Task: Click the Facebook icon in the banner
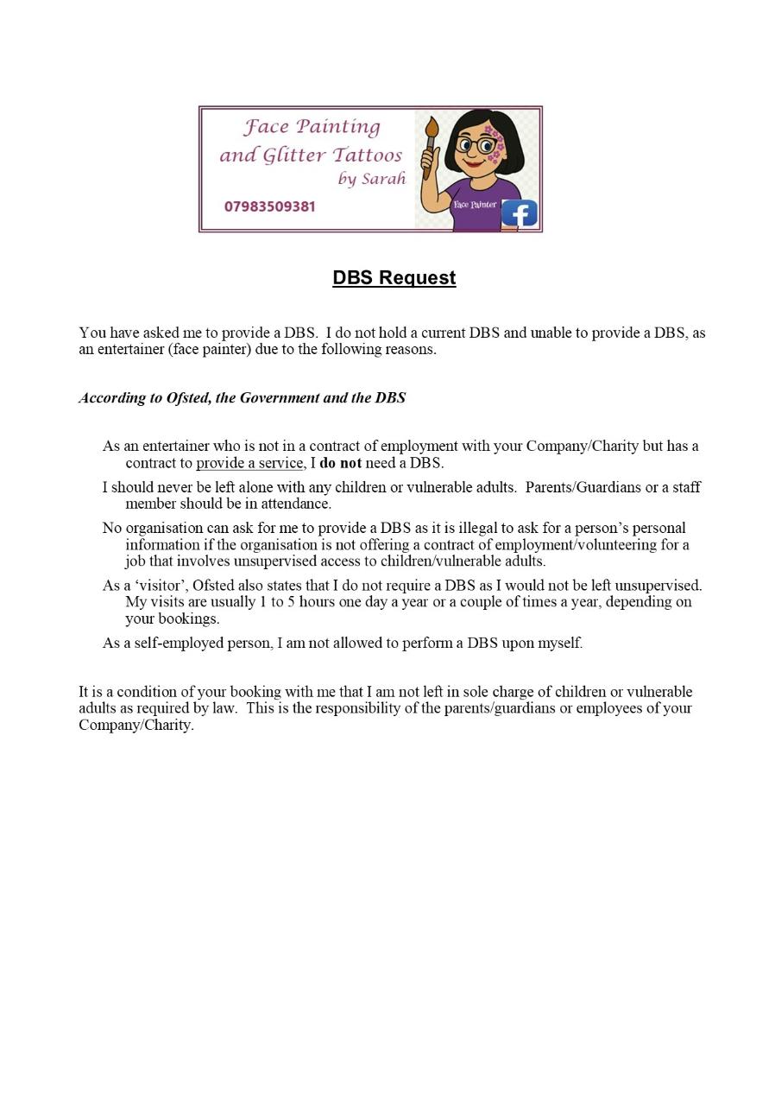click(x=520, y=212)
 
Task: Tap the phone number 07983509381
click(x=269, y=206)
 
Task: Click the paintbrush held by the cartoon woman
click(x=430, y=143)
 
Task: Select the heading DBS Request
click(x=394, y=277)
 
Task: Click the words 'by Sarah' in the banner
click(x=372, y=180)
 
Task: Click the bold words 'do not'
click(x=341, y=463)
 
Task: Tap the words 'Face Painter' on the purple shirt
click(x=475, y=205)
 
